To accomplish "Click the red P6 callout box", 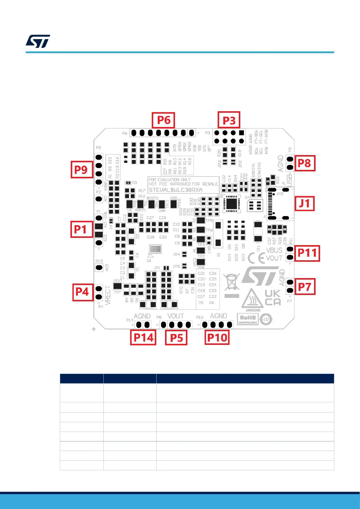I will coord(164,120).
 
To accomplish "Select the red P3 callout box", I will coord(229,120).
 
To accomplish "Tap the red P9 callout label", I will coord(81,170).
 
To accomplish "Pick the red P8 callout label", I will coord(304,163).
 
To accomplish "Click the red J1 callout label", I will coord(304,203).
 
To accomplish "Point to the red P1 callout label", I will coord(81,229).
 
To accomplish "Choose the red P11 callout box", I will coord(307,253).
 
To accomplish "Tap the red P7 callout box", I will coord(304,287).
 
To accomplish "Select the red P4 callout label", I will coord(82,292).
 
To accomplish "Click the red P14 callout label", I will coord(143,337).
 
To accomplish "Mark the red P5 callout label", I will coord(176,338).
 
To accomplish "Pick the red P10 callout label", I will coord(217,337).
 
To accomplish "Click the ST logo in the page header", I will coord(38,41).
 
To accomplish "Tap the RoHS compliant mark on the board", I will coord(248,319).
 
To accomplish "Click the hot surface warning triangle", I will coord(252,298).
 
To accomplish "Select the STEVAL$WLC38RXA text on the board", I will coord(176,190).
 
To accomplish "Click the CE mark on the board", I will coord(256,258).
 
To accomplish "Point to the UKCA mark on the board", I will coord(273,298).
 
